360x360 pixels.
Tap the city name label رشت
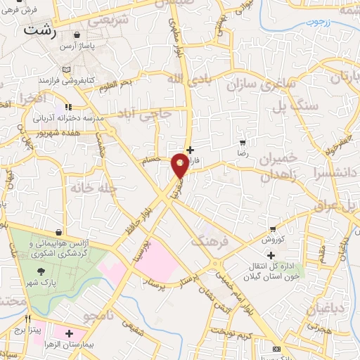point(37,31)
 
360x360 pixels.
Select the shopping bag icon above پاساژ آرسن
point(76,34)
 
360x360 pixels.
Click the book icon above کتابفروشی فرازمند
point(67,70)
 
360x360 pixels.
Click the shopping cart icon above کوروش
point(273,229)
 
